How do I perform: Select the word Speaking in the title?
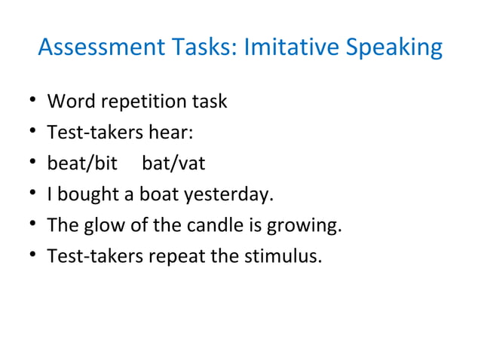pos(396,48)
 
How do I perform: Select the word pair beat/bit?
pos(82,163)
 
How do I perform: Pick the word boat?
pos(155,195)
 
